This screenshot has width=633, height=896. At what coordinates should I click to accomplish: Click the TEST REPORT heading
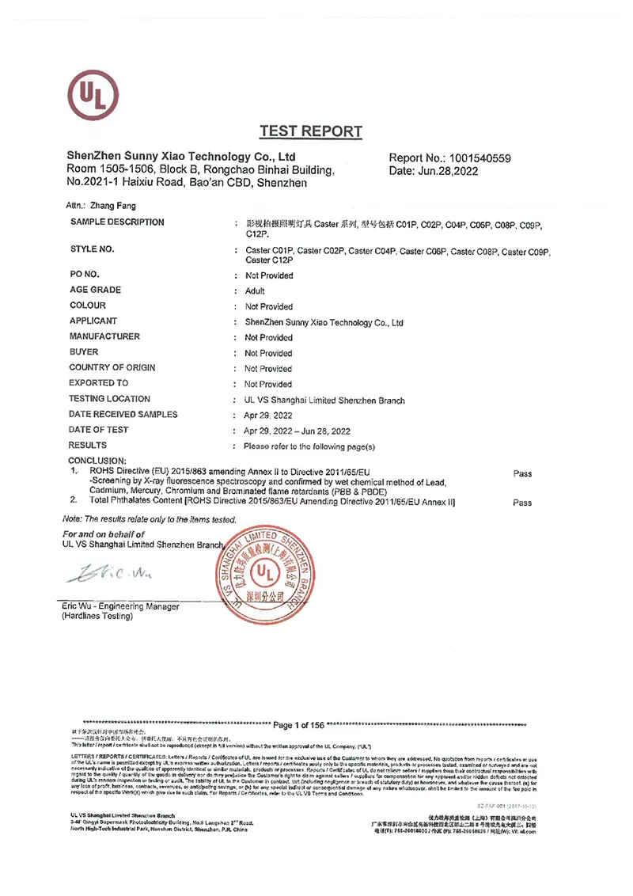tap(310, 132)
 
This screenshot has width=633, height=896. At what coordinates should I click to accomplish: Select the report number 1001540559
tap(477, 158)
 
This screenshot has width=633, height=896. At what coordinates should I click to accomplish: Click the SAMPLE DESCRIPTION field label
tap(117, 222)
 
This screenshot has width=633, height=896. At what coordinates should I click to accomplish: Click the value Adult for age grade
tap(255, 291)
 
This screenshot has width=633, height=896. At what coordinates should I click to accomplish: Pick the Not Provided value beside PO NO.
tap(269, 275)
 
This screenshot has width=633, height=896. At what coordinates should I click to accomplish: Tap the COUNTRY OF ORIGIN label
tap(112, 368)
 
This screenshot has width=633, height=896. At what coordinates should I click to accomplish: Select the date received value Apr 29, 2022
tap(269, 415)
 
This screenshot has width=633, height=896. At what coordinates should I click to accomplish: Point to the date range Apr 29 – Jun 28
tap(298, 431)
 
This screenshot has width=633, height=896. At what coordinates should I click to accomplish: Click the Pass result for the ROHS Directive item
tap(522, 474)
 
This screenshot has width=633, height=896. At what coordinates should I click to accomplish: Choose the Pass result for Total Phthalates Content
tap(522, 503)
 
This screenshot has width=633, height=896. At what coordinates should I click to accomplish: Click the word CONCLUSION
tap(97, 461)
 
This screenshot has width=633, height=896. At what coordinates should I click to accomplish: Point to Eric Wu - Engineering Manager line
tap(120, 606)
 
